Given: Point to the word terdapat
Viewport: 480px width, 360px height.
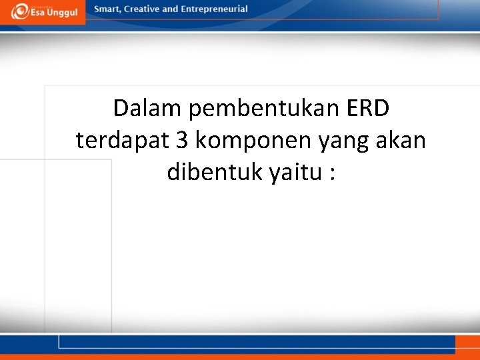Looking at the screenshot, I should coord(123,140).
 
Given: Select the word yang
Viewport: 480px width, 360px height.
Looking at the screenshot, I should coord(338,141).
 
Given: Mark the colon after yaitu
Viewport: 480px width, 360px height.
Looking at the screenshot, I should coord(331,173).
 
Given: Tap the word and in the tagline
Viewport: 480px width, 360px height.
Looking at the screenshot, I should coord(171,9).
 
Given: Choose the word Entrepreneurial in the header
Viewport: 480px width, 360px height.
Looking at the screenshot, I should coord(214,9).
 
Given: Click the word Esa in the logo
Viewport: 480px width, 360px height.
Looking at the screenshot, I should coord(40,13).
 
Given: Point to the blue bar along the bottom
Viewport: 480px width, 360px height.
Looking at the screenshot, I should coord(253,341).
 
